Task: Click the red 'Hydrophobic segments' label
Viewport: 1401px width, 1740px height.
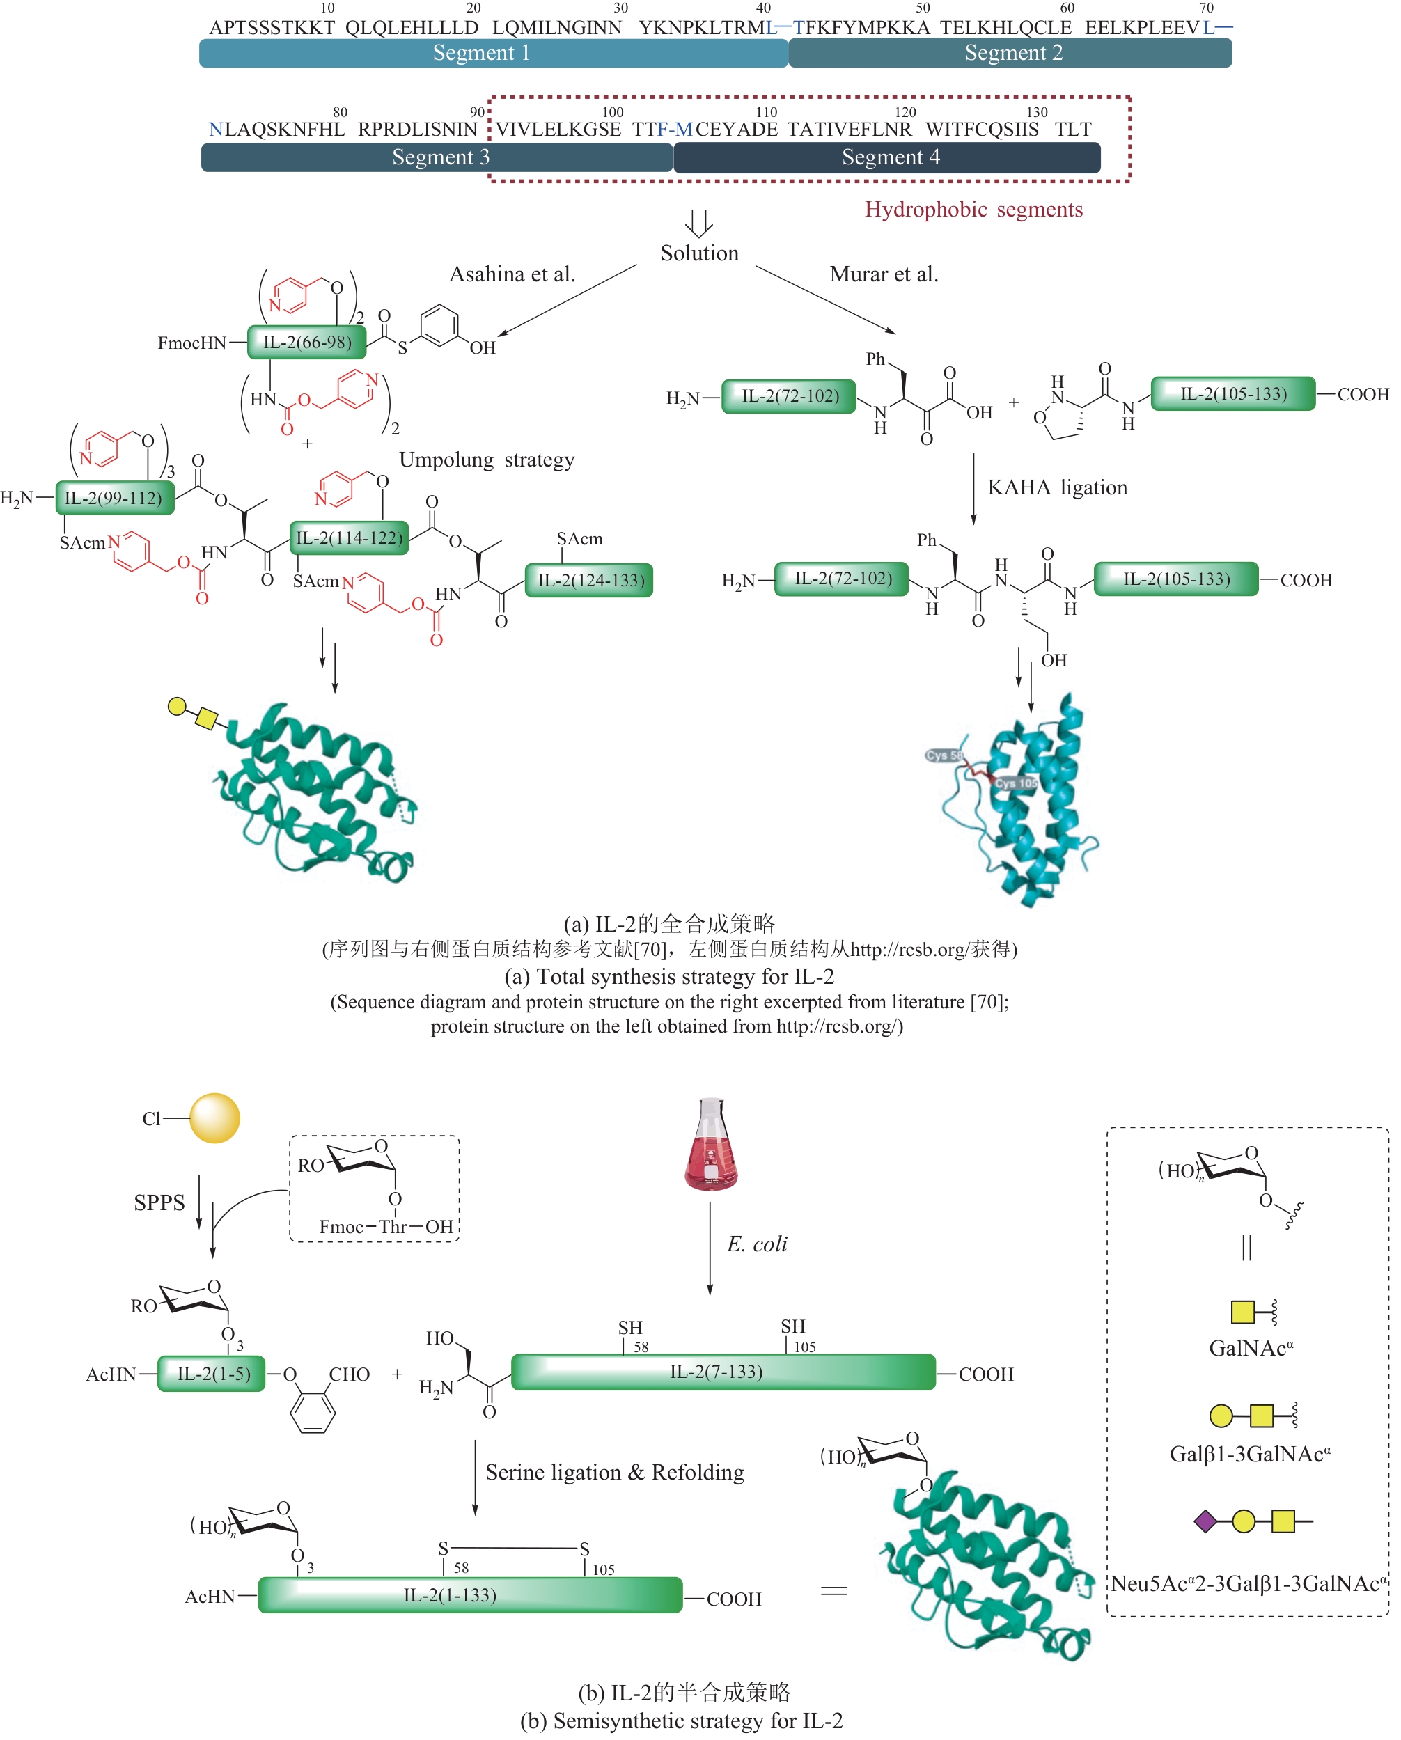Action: pos(973,210)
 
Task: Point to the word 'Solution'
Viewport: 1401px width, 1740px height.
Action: pos(699,253)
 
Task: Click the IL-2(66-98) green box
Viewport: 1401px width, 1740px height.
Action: pos(306,342)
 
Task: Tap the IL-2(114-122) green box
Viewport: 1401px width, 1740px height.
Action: pos(349,538)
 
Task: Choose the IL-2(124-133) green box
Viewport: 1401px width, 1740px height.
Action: pos(589,580)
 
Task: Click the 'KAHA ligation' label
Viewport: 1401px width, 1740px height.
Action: pos(1057,487)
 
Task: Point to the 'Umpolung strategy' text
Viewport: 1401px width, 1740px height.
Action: pos(487,460)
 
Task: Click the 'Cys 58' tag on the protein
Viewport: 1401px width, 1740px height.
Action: pos(943,755)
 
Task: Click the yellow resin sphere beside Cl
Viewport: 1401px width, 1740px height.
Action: pos(214,1118)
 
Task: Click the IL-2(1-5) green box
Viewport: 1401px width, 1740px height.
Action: pos(212,1374)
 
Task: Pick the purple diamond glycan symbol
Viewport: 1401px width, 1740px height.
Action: pos(1205,1521)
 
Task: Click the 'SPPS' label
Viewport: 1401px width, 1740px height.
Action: pos(159,1203)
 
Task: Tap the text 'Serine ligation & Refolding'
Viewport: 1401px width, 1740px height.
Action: pos(614,1473)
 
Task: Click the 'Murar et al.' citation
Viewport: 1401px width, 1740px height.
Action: pos(884,274)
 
